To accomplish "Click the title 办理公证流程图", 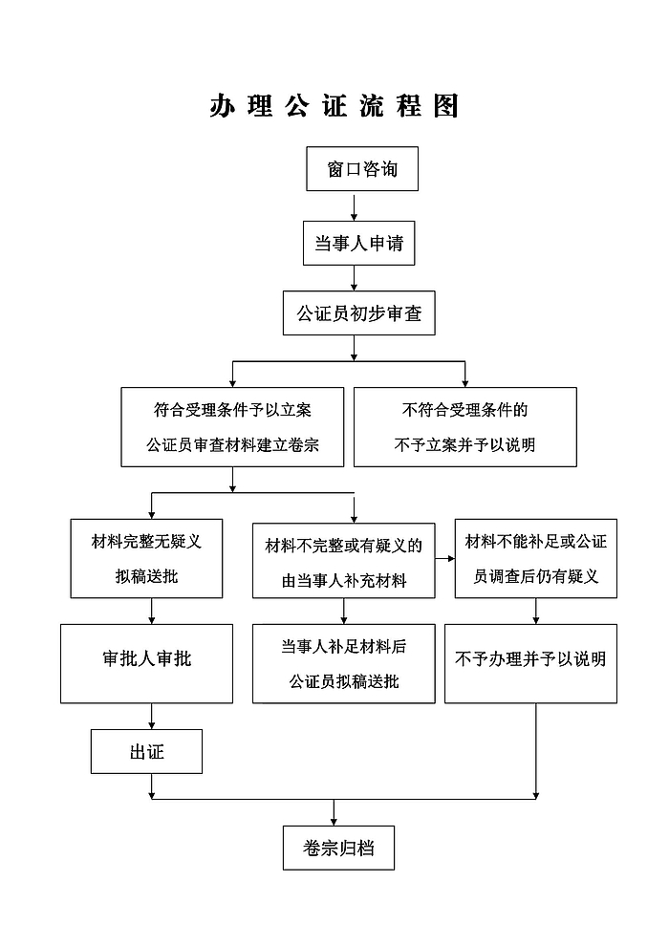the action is tap(334, 106).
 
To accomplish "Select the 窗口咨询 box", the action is tap(362, 169).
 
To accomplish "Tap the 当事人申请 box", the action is tap(359, 243).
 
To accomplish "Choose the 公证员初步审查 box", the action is tap(359, 313).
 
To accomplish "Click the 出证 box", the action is tap(146, 752).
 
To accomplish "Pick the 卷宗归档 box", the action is tap(338, 849).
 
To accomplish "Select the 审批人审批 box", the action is tap(146, 664).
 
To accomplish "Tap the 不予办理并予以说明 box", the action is tap(530, 664).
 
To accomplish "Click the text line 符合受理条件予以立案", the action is tap(232, 410).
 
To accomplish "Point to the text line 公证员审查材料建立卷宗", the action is tap(232, 445).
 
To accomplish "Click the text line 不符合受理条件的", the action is tap(465, 410).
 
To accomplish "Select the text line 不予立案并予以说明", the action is tap(465, 445).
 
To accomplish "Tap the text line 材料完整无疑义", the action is tap(146, 542).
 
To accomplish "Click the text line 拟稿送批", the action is tap(146, 577).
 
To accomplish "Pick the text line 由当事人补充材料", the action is tap(344, 581).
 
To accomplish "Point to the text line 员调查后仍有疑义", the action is tap(536, 577).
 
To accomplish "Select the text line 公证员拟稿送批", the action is tap(344, 681).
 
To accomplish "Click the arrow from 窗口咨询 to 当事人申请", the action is tap(355, 206).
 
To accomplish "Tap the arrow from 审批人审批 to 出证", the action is tap(151, 716).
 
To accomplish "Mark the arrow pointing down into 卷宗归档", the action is tap(334, 812).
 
